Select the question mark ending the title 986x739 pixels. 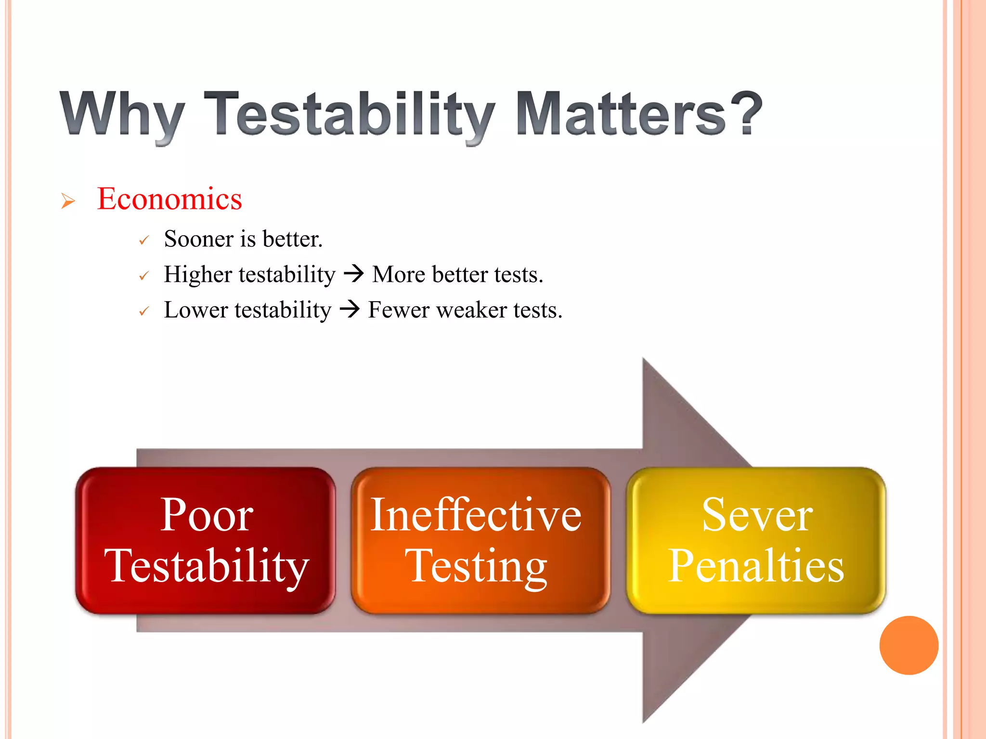pyautogui.click(x=746, y=113)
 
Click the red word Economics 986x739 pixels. pyautogui.click(x=169, y=199)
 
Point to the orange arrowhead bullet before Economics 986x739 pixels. pyautogui.click(x=68, y=201)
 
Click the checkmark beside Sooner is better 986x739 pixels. pyautogui.click(x=143, y=240)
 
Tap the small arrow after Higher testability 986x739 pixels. pyautogui.click(x=354, y=274)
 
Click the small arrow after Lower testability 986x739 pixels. pyautogui.click(x=350, y=309)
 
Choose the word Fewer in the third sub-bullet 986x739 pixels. pyautogui.click(x=399, y=310)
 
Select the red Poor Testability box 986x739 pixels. pyautogui.click(x=206, y=540)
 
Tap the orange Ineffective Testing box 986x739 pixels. pyautogui.click(x=480, y=540)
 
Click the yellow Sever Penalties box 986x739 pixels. pyautogui.click(x=756, y=540)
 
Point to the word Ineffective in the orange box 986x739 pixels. pyautogui.click(x=476, y=515)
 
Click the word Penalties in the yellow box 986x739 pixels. pyautogui.click(x=756, y=566)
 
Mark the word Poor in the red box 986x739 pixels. pyautogui.click(x=207, y=515)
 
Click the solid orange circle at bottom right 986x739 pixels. pyautogui.click(x=908, y=645)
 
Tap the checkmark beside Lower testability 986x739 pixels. pyautogui.click(x=143, y=312)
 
